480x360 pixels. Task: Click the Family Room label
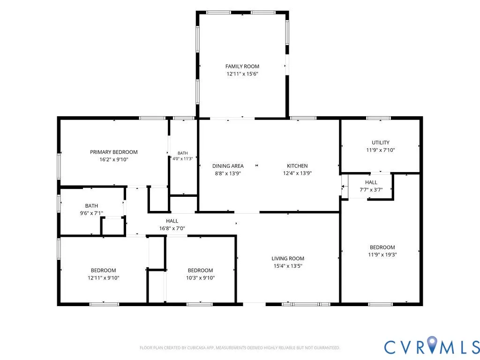[x=242, y=66]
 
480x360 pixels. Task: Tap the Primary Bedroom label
[x=113, y=152]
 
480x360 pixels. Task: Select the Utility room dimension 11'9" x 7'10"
[x=381, y=150]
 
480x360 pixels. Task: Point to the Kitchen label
[x=297, y=165]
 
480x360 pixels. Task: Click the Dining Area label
[x=228, y=166]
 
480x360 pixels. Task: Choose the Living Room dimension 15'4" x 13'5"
[x=288, y=266]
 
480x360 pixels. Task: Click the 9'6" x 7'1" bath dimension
[x=91, y=213]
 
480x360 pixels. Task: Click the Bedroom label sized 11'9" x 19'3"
[x=382, y=247]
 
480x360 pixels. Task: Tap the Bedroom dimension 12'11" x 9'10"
[x=104, y=278]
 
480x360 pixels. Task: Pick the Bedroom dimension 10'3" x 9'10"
[x=201, y=278]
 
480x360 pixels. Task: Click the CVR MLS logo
[x=432, y=346]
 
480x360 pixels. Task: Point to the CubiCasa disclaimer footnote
[x=240, y=348]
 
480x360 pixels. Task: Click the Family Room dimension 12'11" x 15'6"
[x=242, y=74]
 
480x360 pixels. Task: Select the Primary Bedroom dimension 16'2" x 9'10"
[x=113, y=159]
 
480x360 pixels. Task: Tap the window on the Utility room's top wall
[x=379, y=118]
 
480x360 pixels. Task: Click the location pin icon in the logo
[x=432, y=344]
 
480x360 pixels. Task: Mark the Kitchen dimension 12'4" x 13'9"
[x=297, y=173]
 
